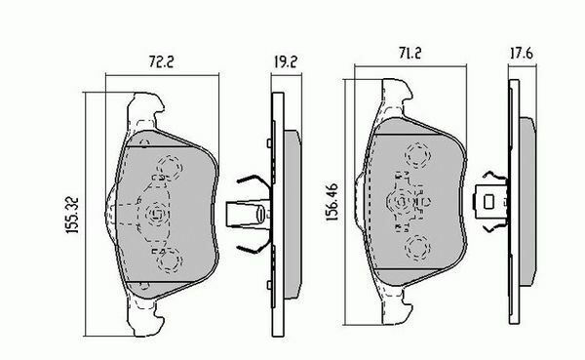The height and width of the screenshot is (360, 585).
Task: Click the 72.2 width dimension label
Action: click(x=162, y=61)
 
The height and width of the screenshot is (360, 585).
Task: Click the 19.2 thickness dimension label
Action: click(x=286, y=61)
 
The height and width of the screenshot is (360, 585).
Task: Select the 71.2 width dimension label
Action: click(x=410, y=54)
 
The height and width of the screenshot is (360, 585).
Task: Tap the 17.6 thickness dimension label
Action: click(x=522, y=54)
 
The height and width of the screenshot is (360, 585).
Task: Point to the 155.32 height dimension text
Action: click(x=72, y=216)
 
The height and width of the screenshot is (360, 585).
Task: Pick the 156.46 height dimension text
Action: click(x=331, y=202)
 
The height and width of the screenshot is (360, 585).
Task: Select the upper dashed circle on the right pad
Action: click(x=417, y=155)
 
